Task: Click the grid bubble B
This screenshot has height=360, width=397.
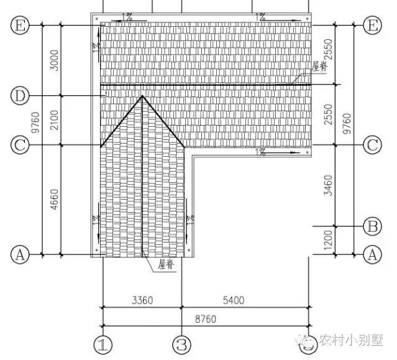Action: pos(372,226)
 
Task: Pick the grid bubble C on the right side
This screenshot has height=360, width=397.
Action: pos(372,145)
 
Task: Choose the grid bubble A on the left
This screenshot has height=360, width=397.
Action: pos(21,254)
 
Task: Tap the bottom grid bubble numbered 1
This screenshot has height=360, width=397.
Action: pos(103,344)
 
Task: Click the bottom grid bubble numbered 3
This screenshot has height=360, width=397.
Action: pos(181,344)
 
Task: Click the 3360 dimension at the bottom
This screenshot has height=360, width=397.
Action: pos(142,300)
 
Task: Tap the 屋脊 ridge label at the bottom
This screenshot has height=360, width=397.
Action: pos(166,265)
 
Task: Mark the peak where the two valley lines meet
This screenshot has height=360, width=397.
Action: pos(143,96)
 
